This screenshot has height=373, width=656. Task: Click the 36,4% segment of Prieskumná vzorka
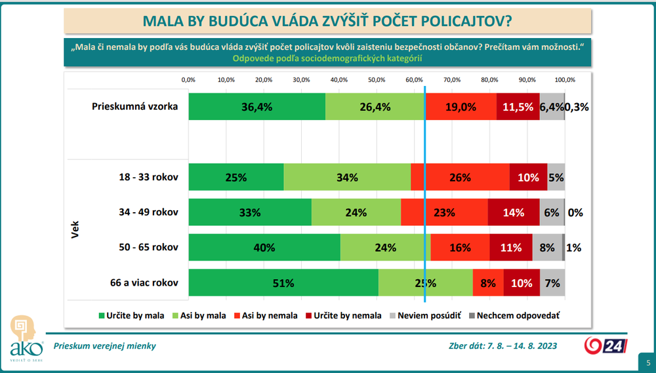(x=256, y=107)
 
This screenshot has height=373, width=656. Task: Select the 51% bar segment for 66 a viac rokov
(x=283, y=283)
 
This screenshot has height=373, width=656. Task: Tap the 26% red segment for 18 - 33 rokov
(x=460, y=177)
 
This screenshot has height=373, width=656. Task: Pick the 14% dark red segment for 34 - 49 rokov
(x=514, y=212)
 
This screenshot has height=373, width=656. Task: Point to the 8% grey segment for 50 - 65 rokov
(x=547, y=248)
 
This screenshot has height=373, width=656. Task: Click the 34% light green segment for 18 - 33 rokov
(x=347, y=177)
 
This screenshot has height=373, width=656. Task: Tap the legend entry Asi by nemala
(x=266, y=315)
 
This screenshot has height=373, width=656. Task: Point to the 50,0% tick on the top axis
(x=377, y=79)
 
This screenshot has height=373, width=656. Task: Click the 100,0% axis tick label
(x=565, y=79)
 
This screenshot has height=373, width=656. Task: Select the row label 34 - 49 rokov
(x=144, y=212)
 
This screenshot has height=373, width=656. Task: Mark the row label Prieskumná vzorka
(x=134, y=107)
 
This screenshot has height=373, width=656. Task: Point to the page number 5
(x=648, y=362)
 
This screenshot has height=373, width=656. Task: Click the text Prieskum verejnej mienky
(x=105, y=345)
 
